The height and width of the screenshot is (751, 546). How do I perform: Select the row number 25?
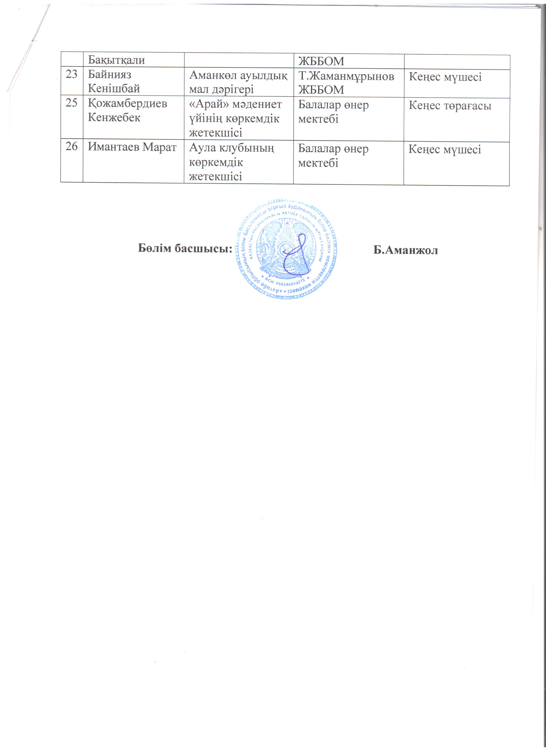tap(72, 103)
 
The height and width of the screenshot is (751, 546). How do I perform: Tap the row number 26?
tap(72, 146)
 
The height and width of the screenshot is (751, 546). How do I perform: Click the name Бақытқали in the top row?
tap(116, 60)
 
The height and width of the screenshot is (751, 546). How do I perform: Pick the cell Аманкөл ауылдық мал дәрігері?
tap(238, 82)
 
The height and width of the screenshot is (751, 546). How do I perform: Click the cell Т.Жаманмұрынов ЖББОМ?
tap(346, 83)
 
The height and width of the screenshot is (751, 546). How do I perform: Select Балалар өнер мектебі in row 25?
tap(333, 112)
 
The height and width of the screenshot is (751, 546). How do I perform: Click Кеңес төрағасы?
tap(450, 106)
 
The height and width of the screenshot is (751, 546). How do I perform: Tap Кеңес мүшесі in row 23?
tap(445, 77)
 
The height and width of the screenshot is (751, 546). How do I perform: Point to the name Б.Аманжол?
tap(405, 250)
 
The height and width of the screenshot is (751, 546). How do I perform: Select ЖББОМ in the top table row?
tap(321, 61)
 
